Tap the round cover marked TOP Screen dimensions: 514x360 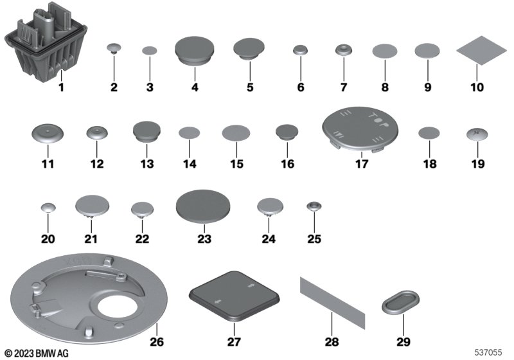360,128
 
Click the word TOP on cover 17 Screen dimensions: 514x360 378,120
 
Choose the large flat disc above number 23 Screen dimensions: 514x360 203,206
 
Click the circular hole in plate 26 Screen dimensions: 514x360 118,308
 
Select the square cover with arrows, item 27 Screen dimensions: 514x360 234,295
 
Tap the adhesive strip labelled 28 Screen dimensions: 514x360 332,303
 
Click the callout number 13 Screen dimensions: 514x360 147,163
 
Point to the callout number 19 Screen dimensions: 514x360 477,163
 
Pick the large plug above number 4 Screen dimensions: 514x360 195,50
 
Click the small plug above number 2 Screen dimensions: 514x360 114,48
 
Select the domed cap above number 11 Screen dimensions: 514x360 48,134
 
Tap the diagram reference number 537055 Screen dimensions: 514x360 488,352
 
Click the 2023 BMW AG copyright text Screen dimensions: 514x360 37,353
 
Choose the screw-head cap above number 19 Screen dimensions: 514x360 477,134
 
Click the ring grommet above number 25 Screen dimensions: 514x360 314,206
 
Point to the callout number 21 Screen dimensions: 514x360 91,239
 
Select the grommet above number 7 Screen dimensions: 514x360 344,50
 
